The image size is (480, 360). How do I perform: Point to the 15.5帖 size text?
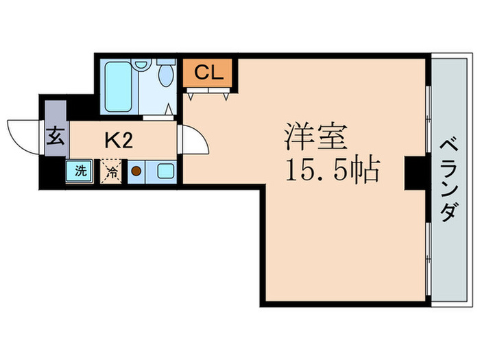332,170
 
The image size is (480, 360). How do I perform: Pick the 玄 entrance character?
56,136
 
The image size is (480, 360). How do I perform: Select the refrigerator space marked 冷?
111,171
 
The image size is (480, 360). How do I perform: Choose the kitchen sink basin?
165,171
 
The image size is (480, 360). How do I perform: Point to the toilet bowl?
165,76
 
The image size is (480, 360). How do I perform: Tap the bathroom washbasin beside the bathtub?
142,65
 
